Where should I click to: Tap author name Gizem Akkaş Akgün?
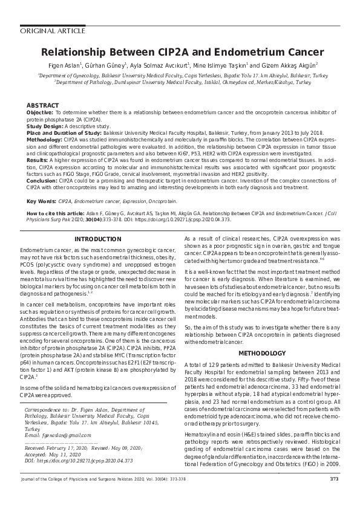292,65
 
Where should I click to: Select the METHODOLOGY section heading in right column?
261,352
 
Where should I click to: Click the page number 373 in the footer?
333,496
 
